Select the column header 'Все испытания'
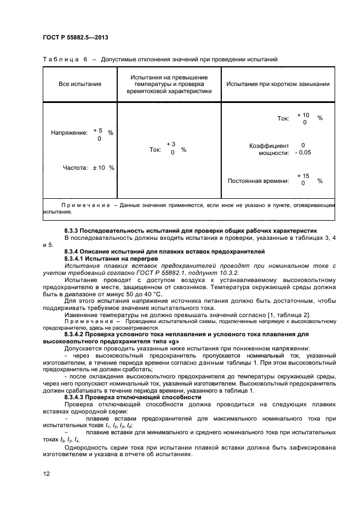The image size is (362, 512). click(80, 84)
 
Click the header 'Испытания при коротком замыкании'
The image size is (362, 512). click(278, 84)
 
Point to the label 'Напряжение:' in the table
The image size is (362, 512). click(70, 133)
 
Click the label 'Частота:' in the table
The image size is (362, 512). click(76, 168)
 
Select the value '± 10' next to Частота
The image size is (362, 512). click(99, 168)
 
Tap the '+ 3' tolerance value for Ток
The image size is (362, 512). click(171, 144)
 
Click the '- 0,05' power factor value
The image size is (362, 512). click(302, 153)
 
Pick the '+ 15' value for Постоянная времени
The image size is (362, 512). click(303, 176)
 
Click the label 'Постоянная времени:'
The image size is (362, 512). click(257, 181)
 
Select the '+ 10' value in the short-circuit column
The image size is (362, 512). click(303, 115)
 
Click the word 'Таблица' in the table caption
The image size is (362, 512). click(61, 59)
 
